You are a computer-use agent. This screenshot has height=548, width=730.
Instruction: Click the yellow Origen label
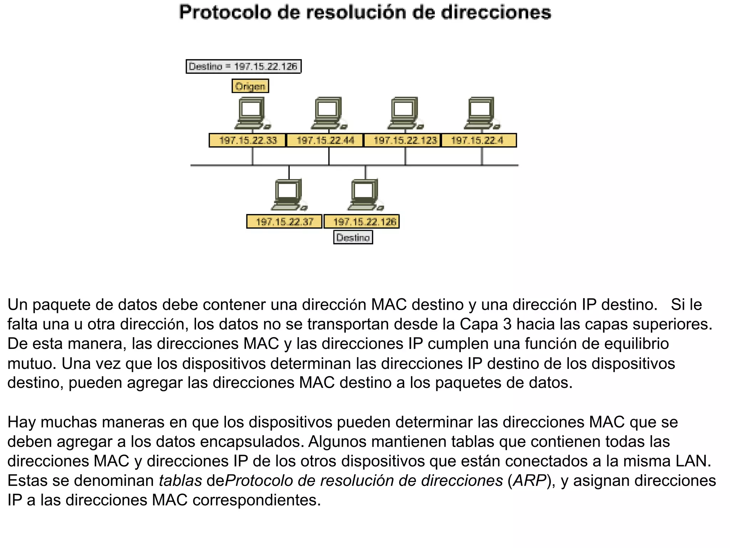(250, 86)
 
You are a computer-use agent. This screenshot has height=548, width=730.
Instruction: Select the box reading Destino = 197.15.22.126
(243, 67)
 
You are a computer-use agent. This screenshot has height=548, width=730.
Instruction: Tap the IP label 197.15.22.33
(248, 140)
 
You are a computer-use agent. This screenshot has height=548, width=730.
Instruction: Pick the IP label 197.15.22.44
(325, 140)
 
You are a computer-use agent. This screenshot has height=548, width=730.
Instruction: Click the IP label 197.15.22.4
(479, 140)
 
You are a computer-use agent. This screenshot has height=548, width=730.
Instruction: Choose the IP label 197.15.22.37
(284, 222)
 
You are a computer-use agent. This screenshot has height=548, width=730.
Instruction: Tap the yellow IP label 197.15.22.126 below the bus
(362, 222)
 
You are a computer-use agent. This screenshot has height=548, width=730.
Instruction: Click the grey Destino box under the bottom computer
(353, 238)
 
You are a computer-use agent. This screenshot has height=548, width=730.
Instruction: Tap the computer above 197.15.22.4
(482, 113)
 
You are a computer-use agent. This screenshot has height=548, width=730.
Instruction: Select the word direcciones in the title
(496, 13)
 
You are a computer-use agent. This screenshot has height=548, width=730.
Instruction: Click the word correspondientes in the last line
(257, 500)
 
